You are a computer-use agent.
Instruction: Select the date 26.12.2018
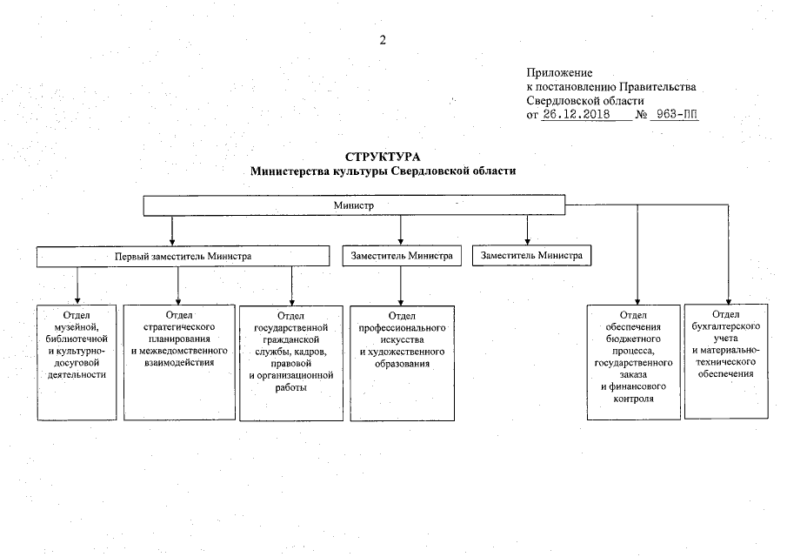tap(575, 114)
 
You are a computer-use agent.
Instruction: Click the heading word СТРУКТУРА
tap(383, 158)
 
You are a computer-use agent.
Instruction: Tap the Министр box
tap(353, 205)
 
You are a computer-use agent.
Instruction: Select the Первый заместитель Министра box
tap(183, 257)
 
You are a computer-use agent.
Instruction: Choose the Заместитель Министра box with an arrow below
tap(401, 257)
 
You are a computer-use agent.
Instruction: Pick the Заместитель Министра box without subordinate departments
tap(531, 256)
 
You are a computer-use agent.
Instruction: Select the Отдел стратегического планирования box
tap(178, 361)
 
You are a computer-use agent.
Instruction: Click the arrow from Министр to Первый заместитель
tap(172, 231)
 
